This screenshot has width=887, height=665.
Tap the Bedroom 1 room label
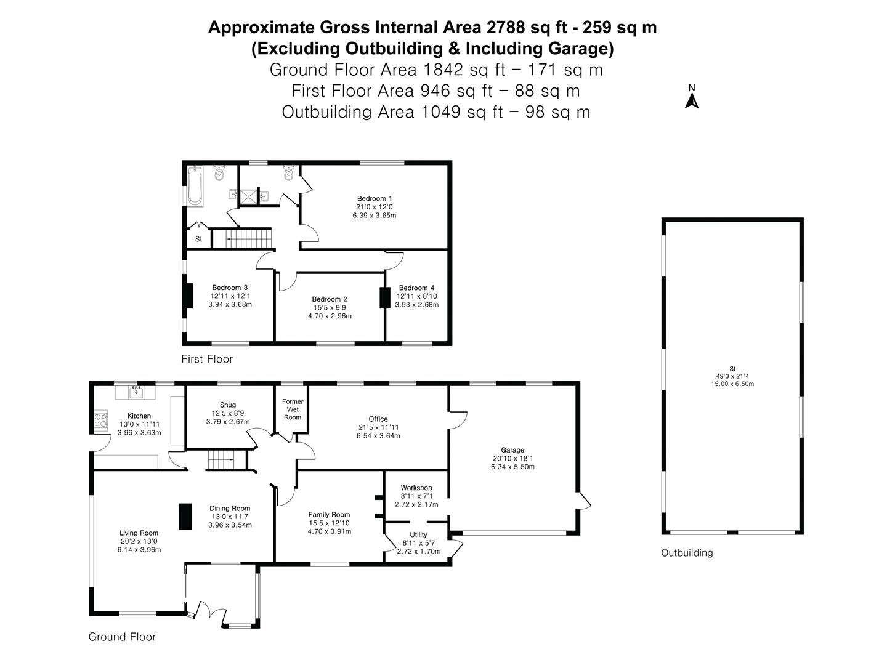pos(374,198)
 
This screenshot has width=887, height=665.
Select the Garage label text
pos(512,449)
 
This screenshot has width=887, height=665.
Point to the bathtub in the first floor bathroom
pos(195,185)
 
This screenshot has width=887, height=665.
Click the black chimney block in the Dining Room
pos(185,516)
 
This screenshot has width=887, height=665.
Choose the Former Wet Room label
pos(292,409)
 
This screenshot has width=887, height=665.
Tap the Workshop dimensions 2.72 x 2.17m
pos(416,504)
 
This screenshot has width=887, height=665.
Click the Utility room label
pos(418,534)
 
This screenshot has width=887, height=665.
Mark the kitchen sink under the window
pos(136,392)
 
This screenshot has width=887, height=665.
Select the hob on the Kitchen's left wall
pos(101,420)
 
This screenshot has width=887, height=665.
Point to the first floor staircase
pos(242,238)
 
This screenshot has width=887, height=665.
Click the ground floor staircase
pos(227,460)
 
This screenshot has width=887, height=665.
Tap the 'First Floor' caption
pos(207,359)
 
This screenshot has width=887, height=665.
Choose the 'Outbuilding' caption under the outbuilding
pos(687,553)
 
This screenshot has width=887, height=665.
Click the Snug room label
pos(228,405)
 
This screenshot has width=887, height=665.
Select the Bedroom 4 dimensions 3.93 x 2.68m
pos(416,304)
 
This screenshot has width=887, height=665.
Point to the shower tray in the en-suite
pos(248,196)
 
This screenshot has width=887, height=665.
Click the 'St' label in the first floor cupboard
pos(198,239)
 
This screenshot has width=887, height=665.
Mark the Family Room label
pos(329,514)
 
